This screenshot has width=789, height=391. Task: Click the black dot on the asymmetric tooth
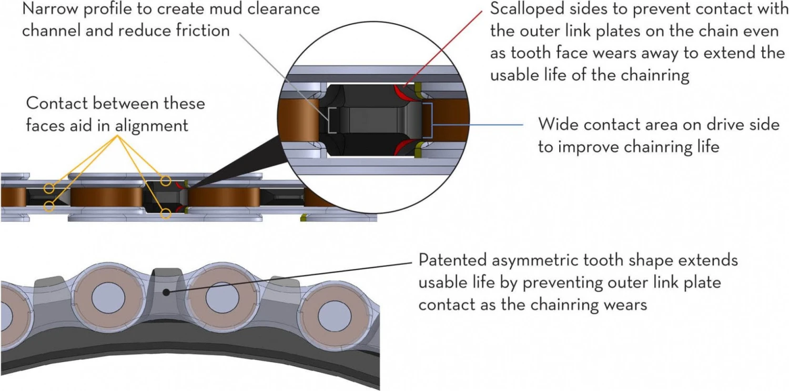tap(166, 292)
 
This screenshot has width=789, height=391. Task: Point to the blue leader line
tap(479, 125)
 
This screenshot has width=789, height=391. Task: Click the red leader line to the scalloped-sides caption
tap(442, 47)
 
